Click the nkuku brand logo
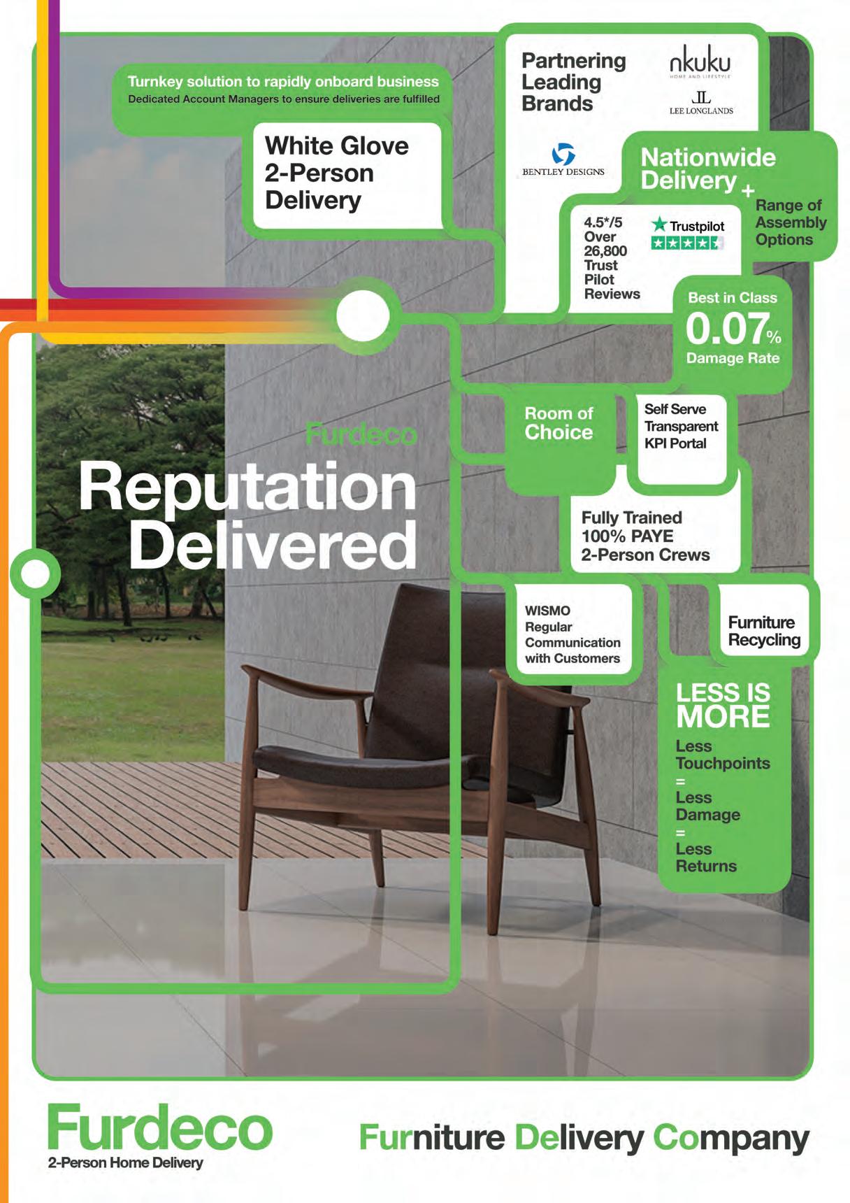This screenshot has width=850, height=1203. (700, 60)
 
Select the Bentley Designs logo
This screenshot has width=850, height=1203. (563, 160)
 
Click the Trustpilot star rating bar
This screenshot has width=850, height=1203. (686, 243)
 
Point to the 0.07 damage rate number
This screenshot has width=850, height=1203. (726, 329)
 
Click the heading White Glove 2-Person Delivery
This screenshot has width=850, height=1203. (337, 173)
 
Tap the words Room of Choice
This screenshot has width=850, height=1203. (559, 423)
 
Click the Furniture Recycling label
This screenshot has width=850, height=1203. (764, 631)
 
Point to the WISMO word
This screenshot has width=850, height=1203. (547, 611)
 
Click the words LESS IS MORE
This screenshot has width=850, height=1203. (723, 705)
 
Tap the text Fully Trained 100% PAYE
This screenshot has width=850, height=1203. (632, 527)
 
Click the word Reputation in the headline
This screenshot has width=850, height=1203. (247, 487)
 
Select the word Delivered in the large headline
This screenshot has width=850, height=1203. (273, 546)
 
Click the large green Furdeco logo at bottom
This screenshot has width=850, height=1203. (159, 1127)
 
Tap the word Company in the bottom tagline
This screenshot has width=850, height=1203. (730, 1138)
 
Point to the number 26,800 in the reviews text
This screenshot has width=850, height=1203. (605, 251)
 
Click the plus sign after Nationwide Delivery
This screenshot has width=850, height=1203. (748, 191)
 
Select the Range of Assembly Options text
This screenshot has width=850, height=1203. (790, 222)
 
